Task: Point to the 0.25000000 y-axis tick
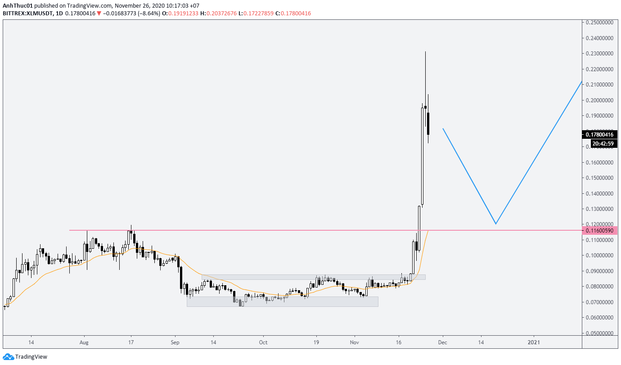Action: pyautogui.click(x=601, y=23)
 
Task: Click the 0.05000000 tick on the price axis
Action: pyautogui.click(x=601, y=333)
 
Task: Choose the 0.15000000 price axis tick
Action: pyautogui.click(x=601, y=178)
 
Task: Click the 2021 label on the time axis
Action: pyautogui.click(x=534, y=342)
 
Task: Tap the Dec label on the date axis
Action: pyautogui.click(x=443, y=342)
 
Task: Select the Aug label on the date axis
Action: pyautogui.click(x=84, y=342)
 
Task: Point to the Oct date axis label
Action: pyautogui.click(x=263, y=342)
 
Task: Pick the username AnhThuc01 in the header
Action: pyautogui.click(x=17, y=6)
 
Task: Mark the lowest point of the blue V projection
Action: pyautogui.click(x=495, y=224)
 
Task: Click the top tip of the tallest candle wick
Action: pyautogui.click(x=425, y=52)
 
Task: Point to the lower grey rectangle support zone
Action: pyautogui.click(x=282, y=301)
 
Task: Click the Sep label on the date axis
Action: pyautogui.click(x=175, y=342)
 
